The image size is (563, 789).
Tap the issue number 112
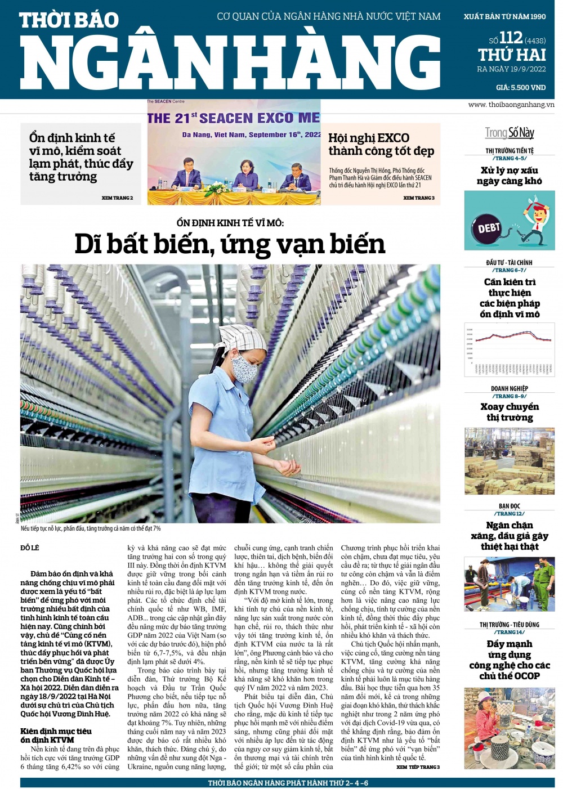[x=511, y=38]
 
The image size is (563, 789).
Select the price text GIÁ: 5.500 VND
[x=521, y=87]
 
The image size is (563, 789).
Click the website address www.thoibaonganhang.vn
[x=511, y=105]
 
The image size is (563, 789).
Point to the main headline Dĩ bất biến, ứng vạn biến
[x=230, y=244]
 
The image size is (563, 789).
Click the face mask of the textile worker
[x=244, y=368]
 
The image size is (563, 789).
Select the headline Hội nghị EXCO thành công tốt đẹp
[x=381, y=144]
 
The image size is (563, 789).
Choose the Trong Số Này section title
[x=510, y=133]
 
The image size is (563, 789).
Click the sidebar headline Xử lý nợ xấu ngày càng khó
[x=509, y=176]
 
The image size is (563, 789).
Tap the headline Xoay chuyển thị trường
[x=509, y=412]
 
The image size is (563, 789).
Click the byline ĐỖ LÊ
[x=30, y=548]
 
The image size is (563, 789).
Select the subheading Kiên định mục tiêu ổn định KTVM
[x=56, y=735]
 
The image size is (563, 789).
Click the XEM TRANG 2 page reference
[x=117, y=198]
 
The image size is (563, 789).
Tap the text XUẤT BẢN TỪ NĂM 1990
[x=504, y=17]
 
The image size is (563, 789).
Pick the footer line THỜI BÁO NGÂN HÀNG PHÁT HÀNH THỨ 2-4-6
[x=288, y=783]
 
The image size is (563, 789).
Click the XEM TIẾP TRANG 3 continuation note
[x=418, y=767]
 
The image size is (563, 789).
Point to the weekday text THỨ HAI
[x=512, y=55]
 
